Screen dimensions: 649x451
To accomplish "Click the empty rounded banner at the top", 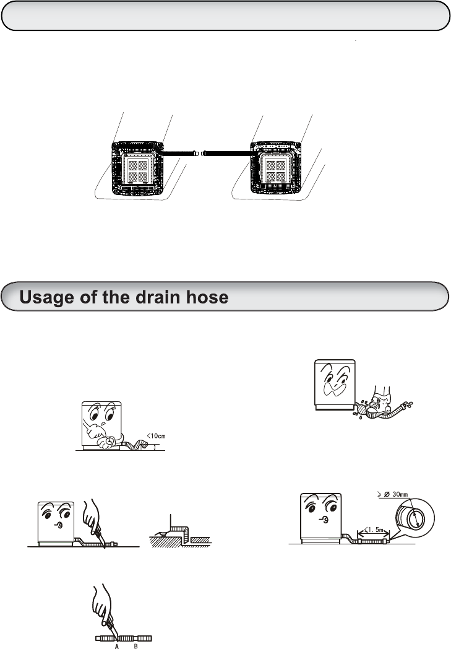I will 225,15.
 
